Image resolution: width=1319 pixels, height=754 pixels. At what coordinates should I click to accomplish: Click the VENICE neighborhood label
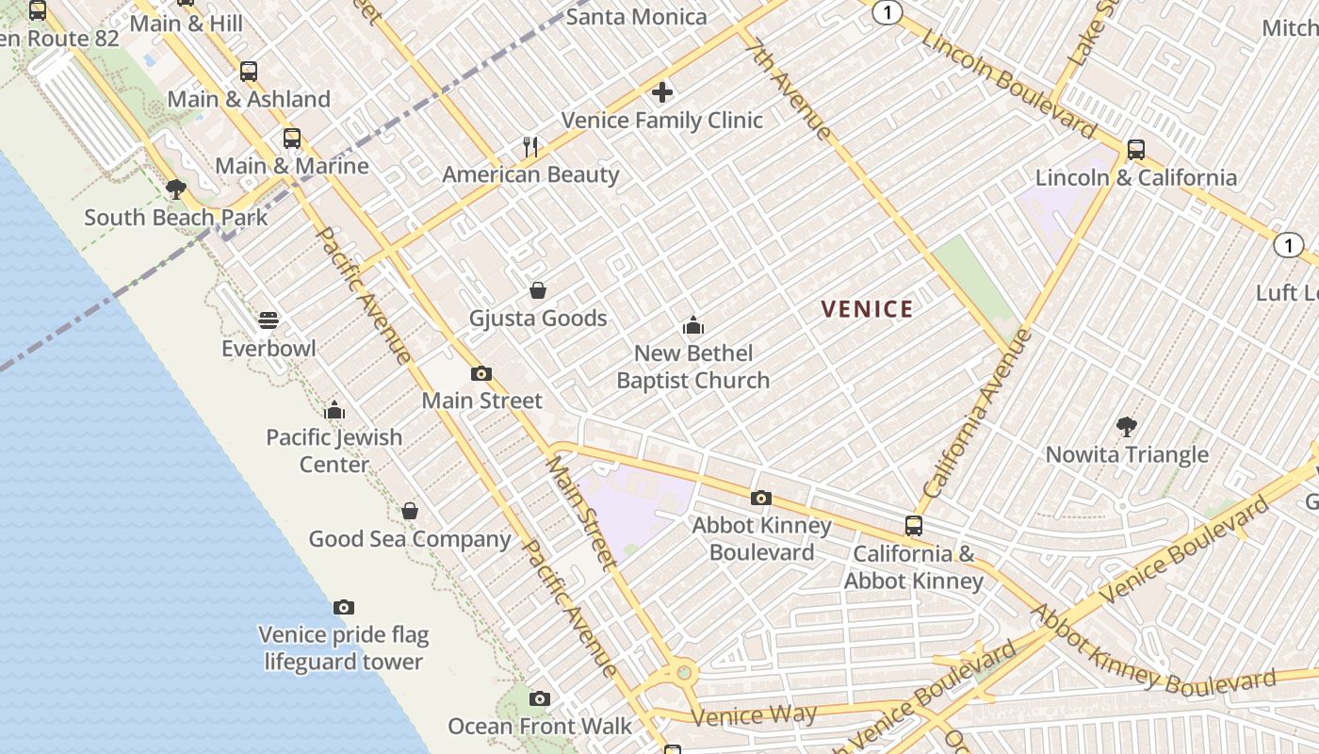coord(867,309)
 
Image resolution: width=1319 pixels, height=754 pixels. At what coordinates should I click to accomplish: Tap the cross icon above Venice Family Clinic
coord(662,92)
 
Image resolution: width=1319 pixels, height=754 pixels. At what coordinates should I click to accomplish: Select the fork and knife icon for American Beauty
coord(530,146)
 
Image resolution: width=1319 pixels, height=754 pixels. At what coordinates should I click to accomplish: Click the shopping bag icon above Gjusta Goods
coord(538,289)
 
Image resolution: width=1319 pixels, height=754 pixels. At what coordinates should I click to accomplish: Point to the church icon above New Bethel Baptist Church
coord(693,326)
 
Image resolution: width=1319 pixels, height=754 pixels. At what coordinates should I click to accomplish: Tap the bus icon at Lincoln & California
coord(1135,149)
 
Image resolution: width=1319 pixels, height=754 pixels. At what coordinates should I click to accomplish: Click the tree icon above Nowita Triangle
coord(1126,427)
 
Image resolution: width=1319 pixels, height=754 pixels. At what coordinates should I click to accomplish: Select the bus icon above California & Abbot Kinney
coord(913,526)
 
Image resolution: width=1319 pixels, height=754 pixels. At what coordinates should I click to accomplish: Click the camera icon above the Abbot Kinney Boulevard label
coord(761,498)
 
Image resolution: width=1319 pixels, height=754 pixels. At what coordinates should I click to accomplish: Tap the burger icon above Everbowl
coord(269,320)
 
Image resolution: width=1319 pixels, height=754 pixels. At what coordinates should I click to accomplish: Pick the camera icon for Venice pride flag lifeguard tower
coord(344,607)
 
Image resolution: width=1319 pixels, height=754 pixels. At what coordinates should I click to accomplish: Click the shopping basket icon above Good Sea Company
coord(410,511)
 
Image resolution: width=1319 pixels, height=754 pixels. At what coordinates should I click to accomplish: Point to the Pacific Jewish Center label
coord(334,451)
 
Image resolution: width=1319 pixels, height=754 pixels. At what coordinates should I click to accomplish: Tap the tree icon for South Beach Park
coord(175,189)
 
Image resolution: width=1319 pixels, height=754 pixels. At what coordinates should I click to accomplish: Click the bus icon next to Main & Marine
coord(292,139)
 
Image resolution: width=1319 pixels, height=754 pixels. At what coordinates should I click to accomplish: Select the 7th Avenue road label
coord(789,89)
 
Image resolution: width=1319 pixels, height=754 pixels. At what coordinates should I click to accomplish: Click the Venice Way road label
coord(754,715)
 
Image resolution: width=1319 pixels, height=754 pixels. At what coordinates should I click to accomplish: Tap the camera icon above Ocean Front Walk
coord(539,698)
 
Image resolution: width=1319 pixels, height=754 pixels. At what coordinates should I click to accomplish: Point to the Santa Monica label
coord(637,16)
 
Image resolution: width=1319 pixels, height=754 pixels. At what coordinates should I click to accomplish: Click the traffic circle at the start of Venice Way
coord(684,673)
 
